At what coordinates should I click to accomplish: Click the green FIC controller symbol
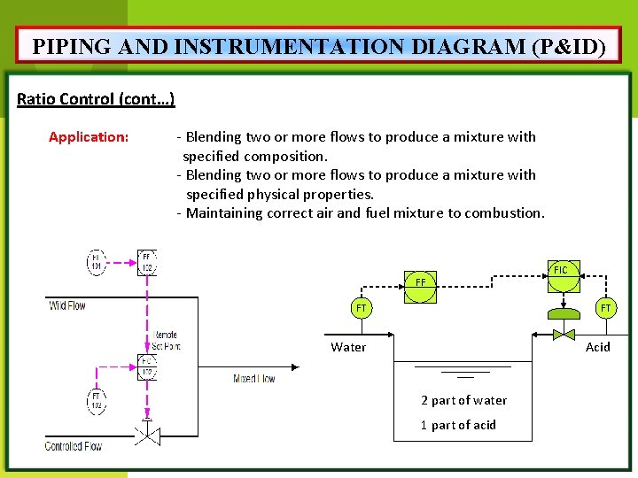pyautogui.click(x=560, y=270)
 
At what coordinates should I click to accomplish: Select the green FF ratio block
pyautogui.click(x=421, y=282)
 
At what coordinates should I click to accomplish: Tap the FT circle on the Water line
pyautogui.click(x=361, y=309)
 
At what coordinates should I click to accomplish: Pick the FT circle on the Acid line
pyautogui.click(x=605, y=308)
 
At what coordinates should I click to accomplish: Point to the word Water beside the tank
pyautogui.click(x=348, y=347)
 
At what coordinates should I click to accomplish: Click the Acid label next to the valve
pyautogui.click(x=597, y=347)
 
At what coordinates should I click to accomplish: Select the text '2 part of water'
pyautogui.click(x=463, y=400)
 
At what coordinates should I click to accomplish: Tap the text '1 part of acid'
pyautogui.click(x=458, y=425)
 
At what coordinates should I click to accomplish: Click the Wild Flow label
pyautogui.click(x=67, y=305)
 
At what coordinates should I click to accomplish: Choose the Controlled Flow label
pyautogui.click(x=74, y=446)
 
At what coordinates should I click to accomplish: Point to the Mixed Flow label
pyautogui.click(x=253, y=379)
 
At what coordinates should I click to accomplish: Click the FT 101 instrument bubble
pyautogui.click(x=97, y=262)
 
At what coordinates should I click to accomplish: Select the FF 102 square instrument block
pyautogui.click(x=147, y=262)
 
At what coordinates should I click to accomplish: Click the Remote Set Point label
pyautogui.click(x=166, y=341)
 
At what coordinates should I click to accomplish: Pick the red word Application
pyautogui.click(x=89, y=137)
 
